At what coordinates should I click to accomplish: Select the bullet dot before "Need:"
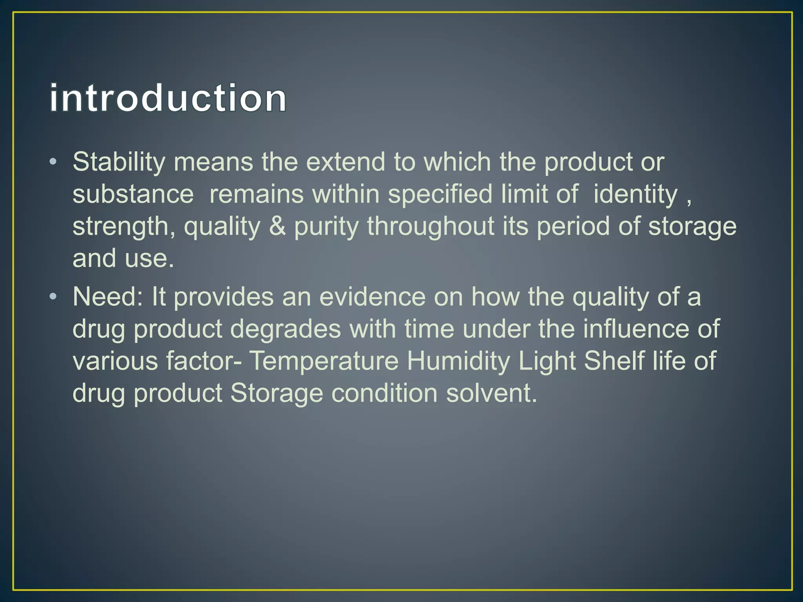click(x=53, y=297)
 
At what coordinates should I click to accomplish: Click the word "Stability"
click(x=119, y=162)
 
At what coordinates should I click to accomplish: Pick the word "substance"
click(x=133, y=194)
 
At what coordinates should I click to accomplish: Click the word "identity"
click(x=635, y=195)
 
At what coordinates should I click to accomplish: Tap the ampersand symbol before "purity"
click(x=277, y=226)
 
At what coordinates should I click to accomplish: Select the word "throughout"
click(x=431, y=226)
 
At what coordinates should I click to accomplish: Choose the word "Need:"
click(x=108, y=297)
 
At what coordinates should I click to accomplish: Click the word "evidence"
click(x=372, y=297)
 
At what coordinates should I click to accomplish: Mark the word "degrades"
click(x=285, y=329)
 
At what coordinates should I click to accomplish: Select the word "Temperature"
click(x=324, y=361)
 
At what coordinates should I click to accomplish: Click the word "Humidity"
click(x=458, y=361)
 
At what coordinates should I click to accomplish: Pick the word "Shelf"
click(x=614, y=361)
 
